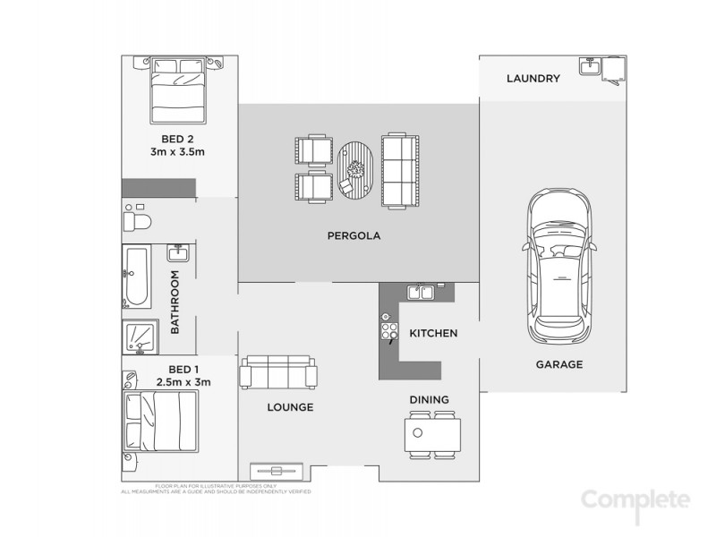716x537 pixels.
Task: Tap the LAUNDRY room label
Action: pos(533,79)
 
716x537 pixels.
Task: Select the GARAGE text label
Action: pos(558,364)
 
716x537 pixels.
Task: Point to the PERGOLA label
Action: pos(354,237)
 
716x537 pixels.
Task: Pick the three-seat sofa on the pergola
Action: pos(399,170)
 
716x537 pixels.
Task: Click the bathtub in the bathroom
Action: pos(137,277)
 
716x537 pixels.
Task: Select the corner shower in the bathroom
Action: pos(141,337)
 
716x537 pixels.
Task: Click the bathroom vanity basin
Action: pos(175,255)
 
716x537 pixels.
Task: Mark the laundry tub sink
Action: pos(589,68)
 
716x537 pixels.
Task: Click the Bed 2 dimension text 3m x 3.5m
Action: pos(177,152)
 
